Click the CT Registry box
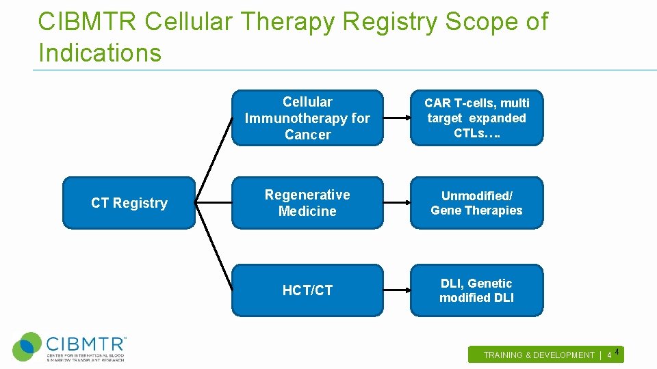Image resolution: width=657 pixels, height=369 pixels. (x=129, y=203)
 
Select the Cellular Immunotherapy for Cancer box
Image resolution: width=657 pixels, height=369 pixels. (x=307, y=118)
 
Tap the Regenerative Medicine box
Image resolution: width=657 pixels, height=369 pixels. (x=307, y=203)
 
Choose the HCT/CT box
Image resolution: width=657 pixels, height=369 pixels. (x=307, y=290)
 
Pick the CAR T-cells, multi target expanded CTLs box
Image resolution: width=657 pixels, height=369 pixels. (x=476, y=118)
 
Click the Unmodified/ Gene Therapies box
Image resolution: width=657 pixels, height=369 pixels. (x=476, y=203)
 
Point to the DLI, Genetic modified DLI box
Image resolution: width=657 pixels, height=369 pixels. (x=476, y=290)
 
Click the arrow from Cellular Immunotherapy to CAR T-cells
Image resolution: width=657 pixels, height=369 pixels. (x=396, y=118)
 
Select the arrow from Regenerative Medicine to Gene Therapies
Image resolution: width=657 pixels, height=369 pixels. (x=396, y=203)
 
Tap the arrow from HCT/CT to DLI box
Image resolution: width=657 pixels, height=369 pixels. (x=396, y=290)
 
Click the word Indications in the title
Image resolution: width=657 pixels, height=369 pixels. (x=100, y=53)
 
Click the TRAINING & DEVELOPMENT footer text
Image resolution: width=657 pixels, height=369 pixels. (x=539, y=355)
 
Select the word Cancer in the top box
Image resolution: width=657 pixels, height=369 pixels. (x=307, y=135)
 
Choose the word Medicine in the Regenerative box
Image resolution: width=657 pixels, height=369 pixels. (x=307, y=211)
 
